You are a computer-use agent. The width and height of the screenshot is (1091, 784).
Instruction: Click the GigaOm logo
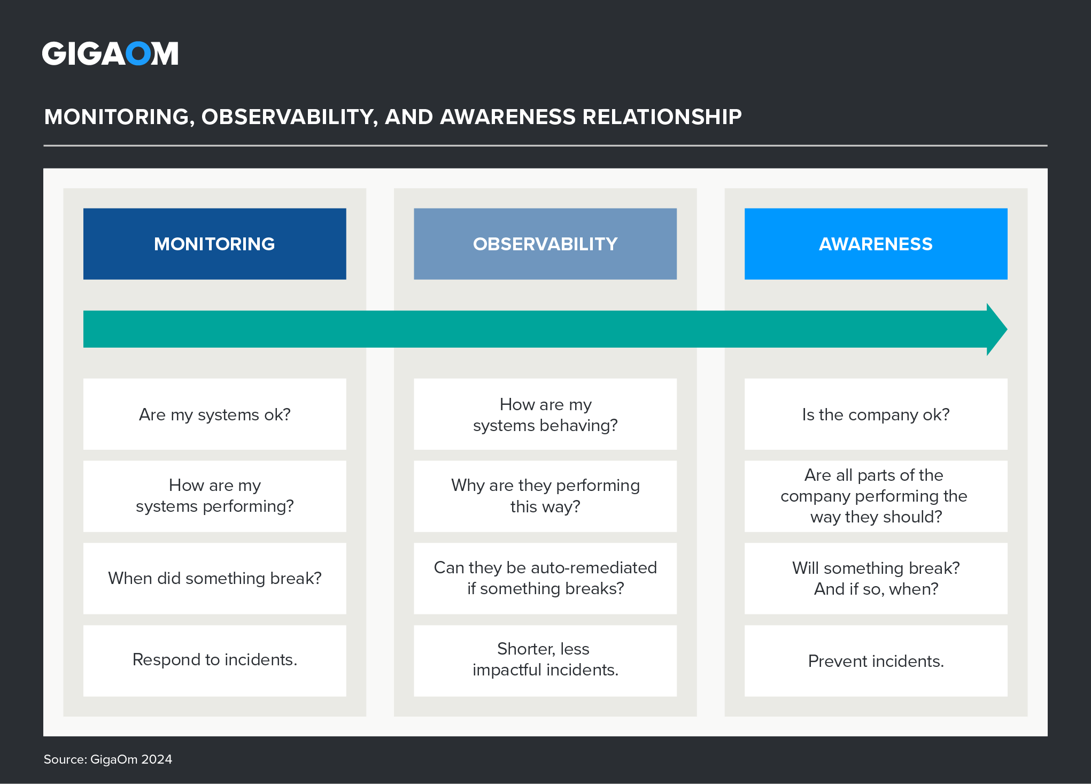click(x=110, y=53)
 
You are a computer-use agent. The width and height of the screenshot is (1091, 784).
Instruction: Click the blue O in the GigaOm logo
click(x=138, y=54)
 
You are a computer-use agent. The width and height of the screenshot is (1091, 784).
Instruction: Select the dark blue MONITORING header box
click(x=214, y=244)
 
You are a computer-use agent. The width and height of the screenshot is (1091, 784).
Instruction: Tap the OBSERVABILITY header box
click(x=545, y=244)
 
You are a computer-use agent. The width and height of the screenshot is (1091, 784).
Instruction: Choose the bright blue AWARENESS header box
click(x=876, y=244)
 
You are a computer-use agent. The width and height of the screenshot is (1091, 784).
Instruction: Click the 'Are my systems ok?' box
click(x=214, y=414)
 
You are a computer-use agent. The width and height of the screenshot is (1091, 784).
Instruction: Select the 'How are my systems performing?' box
click(x=214, y=496)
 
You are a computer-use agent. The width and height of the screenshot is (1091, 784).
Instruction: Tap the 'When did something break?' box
click(x=214, y=578)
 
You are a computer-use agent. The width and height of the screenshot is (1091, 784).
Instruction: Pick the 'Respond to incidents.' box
click(x=214, y=660)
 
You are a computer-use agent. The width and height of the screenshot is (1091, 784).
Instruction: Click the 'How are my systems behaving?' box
click(x=545, y=414)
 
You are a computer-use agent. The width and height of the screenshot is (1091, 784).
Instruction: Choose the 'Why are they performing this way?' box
click(x=545, y=496)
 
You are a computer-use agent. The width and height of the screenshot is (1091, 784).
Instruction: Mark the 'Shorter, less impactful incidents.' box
click(x=545, y=660)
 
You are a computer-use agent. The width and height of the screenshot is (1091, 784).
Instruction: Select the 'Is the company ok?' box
click(x=876, y=414)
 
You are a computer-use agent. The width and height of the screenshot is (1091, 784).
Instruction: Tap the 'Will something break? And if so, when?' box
click(x=876, y=578)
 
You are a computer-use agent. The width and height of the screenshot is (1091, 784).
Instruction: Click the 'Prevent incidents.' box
click(x=876, y=661)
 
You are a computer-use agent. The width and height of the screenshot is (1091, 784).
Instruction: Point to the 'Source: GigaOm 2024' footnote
click(x=108, y=759)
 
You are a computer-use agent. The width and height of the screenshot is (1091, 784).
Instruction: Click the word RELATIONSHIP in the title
click(x=662, y=117)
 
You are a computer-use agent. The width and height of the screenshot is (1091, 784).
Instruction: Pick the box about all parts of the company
click(x=876, y=496)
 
